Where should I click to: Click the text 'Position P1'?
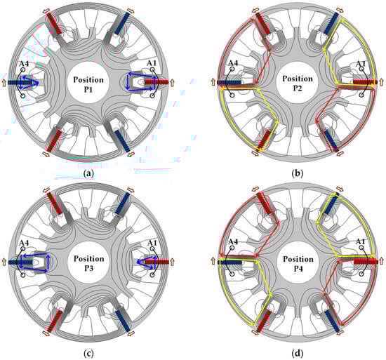88,84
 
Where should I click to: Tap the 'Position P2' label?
298,83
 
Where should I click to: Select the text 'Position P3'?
88,262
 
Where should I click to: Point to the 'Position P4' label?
298,263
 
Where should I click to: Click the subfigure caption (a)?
88,174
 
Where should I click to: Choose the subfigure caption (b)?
298,174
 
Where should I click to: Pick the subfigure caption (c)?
88,354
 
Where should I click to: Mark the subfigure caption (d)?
298,354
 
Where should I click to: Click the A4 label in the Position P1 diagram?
25,64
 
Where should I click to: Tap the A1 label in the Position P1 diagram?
152,63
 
